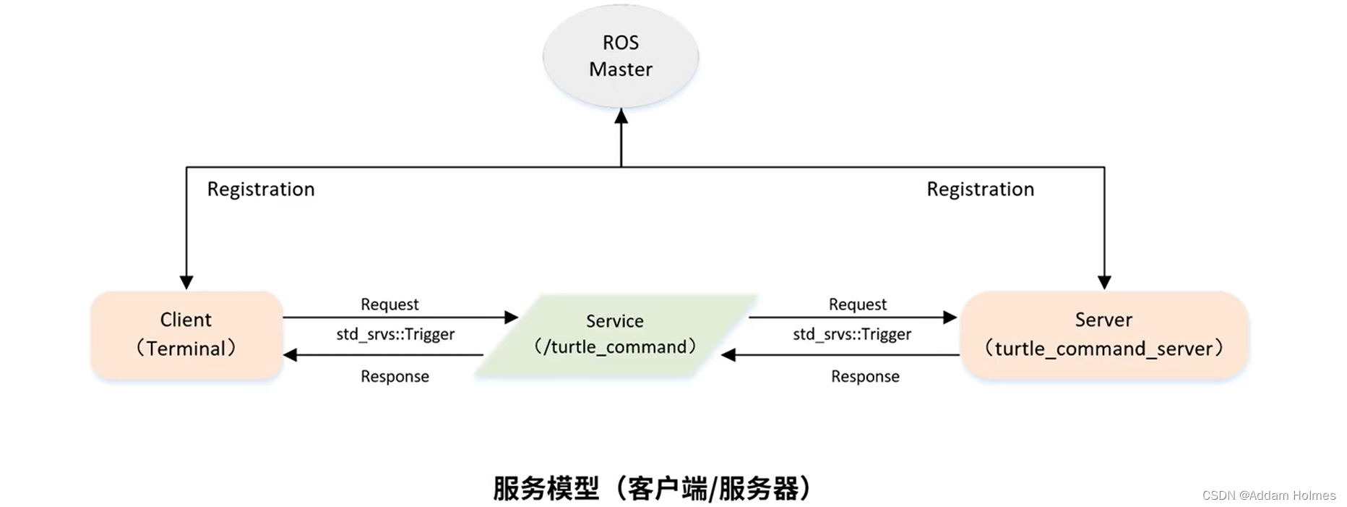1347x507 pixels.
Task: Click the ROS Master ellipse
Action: [x=621, y=56]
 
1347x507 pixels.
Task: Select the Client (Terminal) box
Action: [x=186, y=335]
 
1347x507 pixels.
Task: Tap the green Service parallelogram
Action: [x=615, y=335]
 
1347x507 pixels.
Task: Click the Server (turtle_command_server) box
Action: [x=1103, y=335]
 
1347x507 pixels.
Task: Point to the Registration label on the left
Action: [x=261, y=189]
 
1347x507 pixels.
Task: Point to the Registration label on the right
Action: [x=981, y=189]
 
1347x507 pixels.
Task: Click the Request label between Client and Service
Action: [x=390, y=304]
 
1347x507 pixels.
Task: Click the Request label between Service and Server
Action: [x=858, y=304]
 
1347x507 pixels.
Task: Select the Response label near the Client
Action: [x=395, y=377]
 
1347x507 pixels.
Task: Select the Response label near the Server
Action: [x=865, y=377]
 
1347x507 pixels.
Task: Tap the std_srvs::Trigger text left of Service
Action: [x=395, y=334]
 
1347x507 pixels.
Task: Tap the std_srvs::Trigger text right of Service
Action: [x=852, y=334]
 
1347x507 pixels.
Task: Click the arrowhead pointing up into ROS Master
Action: [x=621, y=116]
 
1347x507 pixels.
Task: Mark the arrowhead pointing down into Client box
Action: [x=186, y=282]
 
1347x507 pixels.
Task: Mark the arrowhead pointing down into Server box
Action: [x=1104, y=282]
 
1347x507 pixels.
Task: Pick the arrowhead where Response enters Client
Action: [x=291, y=355]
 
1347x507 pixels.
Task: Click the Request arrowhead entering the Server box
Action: [x=950, y=317]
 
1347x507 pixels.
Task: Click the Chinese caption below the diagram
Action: [x=652, y=489]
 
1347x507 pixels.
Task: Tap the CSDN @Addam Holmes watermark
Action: [x=1269, y=495]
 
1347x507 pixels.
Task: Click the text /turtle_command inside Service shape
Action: [x=615, y=347]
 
